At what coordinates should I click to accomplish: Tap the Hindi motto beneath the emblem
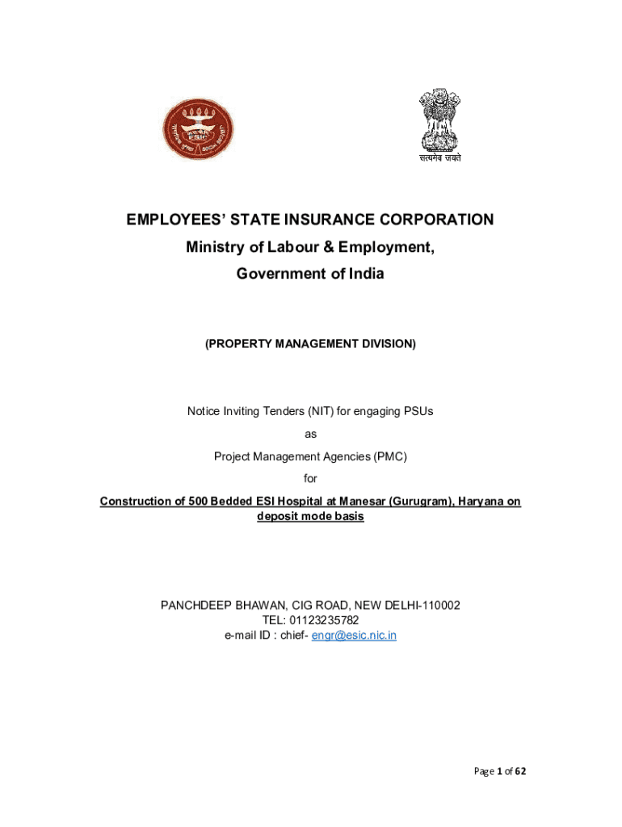[440, 158]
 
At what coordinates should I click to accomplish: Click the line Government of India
[310, 274]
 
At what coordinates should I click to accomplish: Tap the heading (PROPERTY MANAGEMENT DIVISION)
[310, 344]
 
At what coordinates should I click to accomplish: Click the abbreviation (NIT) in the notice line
[319, 411]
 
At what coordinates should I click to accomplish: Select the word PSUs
[417, 411]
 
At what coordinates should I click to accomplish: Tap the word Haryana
[483, 502]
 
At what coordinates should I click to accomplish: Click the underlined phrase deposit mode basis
[310, 517]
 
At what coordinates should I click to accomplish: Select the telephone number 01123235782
[325, 620]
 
